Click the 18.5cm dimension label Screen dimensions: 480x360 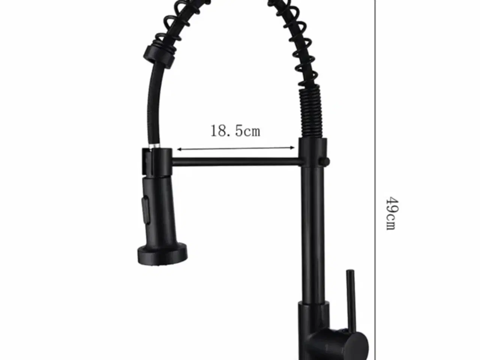point(235,131)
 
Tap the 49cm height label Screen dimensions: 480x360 point(391,213)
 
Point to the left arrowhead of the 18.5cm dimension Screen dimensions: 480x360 point(179,150)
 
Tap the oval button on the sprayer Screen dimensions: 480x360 point(145,210)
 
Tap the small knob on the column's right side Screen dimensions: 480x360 point(324,162)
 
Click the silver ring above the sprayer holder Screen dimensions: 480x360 point(155,146)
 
